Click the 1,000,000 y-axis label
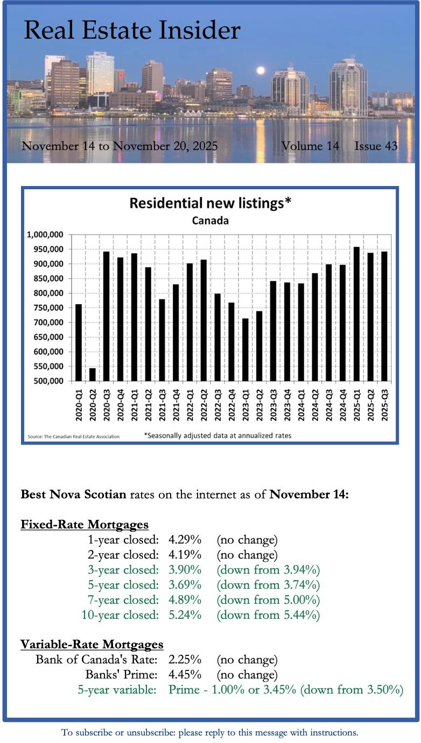click(46, 235)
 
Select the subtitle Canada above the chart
click(210, 221)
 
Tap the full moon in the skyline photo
click(261, 70)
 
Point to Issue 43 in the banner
click(376, 146)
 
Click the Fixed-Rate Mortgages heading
click(85, 524)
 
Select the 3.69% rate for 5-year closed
click(185, 584)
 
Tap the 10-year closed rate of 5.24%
click(185, 615)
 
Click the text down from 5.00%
click(268, 599)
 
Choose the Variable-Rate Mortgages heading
click(92, 644)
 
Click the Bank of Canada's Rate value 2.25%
click(185, 659)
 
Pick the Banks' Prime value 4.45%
click(185, 674)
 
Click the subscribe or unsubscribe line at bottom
click(210, 732)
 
